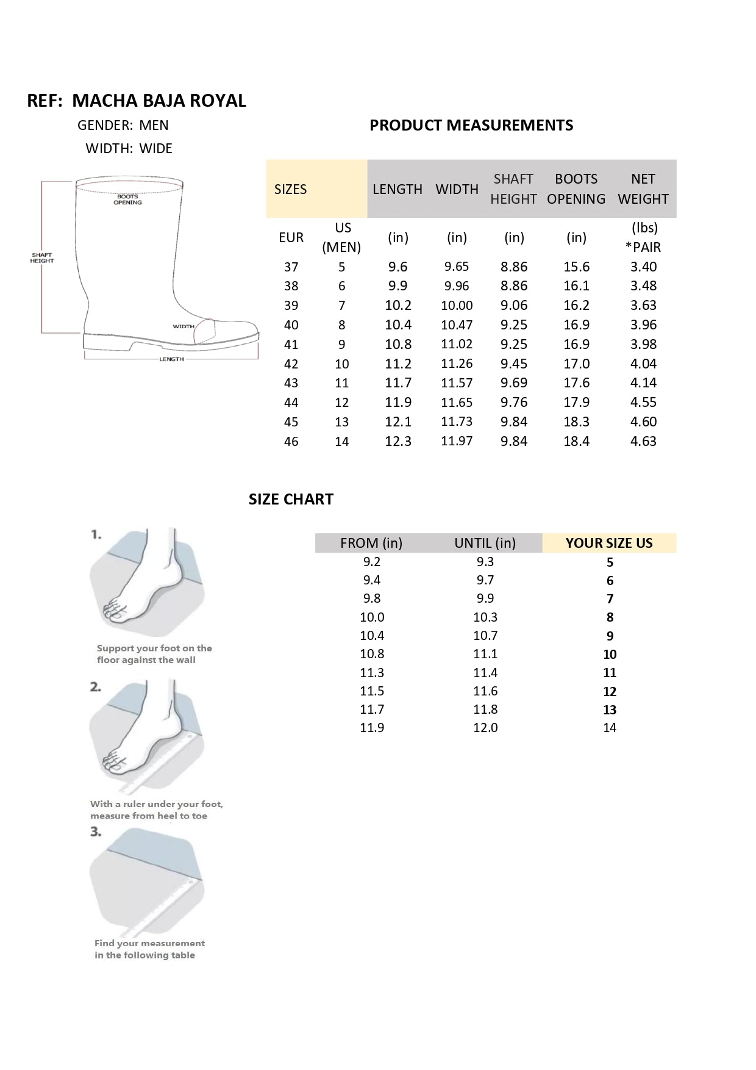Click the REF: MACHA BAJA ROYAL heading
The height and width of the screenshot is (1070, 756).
point(137,101)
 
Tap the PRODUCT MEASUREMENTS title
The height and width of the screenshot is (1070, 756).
point(471,125)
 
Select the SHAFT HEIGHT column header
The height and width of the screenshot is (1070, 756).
point(513,189)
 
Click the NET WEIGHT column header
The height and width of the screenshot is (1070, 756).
point(643,189)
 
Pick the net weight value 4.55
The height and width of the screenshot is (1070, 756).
point(643,403)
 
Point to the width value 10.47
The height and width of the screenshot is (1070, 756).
point(457,325)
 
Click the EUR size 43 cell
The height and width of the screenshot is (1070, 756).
point(291,383)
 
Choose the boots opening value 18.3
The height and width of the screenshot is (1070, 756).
point(576,422)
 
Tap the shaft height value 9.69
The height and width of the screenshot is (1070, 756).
point(514,383)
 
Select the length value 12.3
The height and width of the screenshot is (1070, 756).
point(398,442)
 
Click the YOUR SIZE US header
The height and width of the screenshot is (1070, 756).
point(609,543)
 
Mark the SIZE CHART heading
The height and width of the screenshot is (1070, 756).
point(291,499)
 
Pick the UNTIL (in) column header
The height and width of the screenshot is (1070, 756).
point(485,543)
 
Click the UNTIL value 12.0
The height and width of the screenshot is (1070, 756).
point(485,728)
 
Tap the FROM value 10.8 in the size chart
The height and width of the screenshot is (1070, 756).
point(372,654)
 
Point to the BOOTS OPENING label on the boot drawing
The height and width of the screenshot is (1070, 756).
point(127,199)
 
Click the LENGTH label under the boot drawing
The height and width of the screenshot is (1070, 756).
point(171,359)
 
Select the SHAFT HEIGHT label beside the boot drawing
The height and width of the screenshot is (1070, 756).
point(42,258)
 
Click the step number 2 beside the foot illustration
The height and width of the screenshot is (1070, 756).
point(96,687)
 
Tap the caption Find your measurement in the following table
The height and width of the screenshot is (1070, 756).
point(149,949)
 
